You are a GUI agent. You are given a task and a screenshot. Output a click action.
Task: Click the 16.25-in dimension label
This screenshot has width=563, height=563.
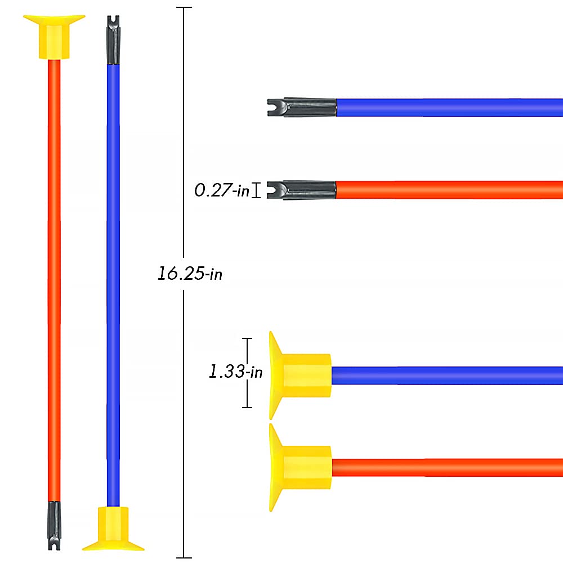click(190, 274)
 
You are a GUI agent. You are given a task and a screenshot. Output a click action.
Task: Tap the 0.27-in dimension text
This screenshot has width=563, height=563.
click(222, 190)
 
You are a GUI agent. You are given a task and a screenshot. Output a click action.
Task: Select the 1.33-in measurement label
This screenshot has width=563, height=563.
click(235, 371)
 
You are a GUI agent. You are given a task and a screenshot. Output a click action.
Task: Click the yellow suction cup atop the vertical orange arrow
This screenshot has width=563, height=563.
click(54, 37)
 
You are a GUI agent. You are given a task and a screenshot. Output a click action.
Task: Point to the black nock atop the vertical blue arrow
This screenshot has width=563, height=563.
click(113, 40)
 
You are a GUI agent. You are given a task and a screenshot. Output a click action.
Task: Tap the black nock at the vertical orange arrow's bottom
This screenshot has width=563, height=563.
click(54, 526)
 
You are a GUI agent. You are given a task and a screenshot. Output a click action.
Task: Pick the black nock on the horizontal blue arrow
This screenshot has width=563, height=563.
click(302, 108)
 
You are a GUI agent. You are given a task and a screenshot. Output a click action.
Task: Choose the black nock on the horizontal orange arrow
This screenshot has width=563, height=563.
click(302, 190)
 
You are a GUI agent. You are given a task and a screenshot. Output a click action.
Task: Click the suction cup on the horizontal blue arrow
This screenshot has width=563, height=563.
click(300, 376)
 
